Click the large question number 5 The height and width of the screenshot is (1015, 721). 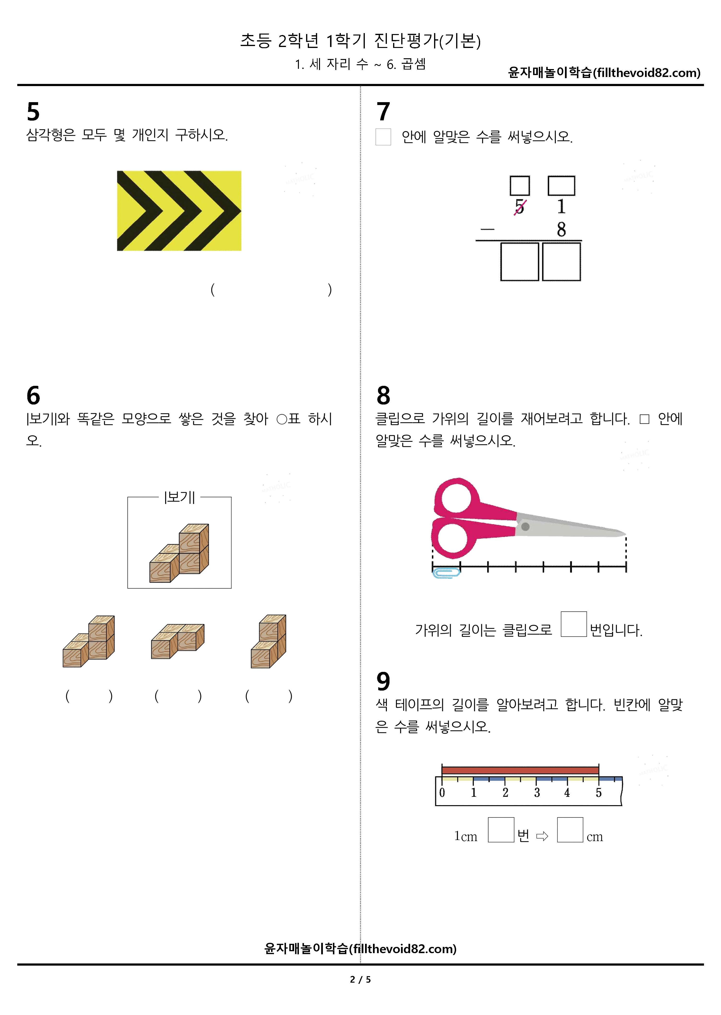[33, 111]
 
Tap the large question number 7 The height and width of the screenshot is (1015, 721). [383, 111]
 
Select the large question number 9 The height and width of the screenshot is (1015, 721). [383, 681]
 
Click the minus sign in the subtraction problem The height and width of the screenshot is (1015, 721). [487, 229]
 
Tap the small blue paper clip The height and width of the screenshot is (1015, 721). [446, 573]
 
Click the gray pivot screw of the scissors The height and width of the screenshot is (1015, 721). [525, 527]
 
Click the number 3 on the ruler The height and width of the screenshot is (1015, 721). [537, 792]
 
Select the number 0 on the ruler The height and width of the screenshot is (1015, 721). [442, 792]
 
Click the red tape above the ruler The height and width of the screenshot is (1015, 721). [520, 770]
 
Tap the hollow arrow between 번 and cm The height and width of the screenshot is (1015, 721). [542, 837]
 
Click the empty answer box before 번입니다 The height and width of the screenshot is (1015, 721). [574, 624]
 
